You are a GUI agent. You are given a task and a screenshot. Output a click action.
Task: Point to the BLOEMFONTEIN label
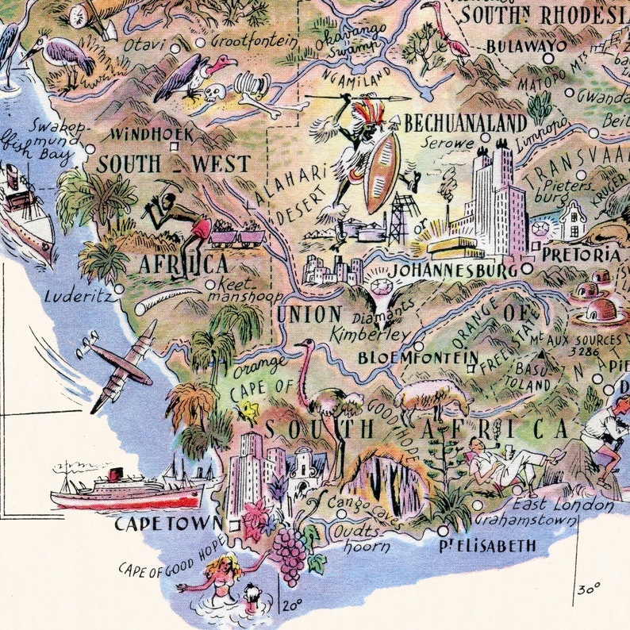(x=417, y=358)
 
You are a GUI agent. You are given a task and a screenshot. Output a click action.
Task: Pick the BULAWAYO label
(x=527, y=46)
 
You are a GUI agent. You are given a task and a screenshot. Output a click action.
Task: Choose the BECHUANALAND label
(x=465, y=123)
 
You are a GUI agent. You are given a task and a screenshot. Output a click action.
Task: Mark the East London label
(x=562, y=505)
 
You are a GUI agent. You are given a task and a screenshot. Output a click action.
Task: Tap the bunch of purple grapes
(x=290, y=553)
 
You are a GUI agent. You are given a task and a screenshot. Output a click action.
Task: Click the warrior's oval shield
(x=382, y=172)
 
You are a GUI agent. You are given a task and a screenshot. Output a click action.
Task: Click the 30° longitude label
(x=588, y=590)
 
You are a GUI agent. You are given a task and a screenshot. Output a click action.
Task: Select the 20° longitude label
(x=292, y=605)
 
